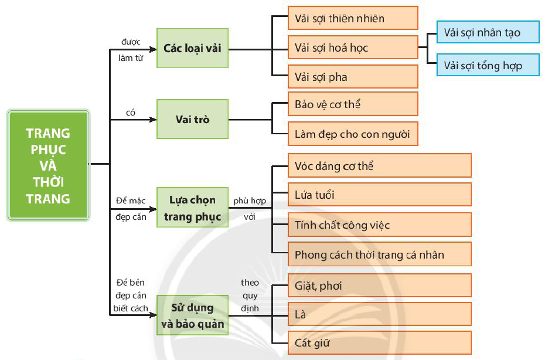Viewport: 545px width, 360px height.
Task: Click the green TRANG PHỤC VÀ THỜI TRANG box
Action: click(x=48, y=166)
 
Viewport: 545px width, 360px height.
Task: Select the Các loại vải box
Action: click(x=192, y=49)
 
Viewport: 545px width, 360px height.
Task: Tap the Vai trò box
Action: click(x=192, y=120)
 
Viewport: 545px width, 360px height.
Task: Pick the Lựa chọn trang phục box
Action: click(x=192, y=208)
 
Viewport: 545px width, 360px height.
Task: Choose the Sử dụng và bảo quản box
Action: click(x=192, y=315)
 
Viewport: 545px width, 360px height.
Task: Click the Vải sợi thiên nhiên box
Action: click(x=353, y=18)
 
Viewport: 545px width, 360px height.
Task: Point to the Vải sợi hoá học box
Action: click(x=353, y=47)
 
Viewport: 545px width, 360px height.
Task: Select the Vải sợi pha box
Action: click(x=353, y=77)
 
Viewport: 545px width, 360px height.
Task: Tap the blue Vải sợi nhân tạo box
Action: click(x=488, y=32)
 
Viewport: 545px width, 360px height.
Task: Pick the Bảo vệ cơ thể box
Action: click(x=353, y=105)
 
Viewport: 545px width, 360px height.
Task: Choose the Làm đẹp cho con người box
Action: click(x=353, y=134)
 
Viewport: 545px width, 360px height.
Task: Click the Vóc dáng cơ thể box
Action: click(x=380, y=166)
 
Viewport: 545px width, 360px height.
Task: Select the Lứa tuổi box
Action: click(x=380, y=195)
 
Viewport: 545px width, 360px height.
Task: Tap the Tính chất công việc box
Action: click(x=380, y=225)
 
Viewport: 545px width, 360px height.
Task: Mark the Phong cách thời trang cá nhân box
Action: click(x=380, y=254)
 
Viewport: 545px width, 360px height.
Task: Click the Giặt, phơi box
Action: click(x=380, y=286)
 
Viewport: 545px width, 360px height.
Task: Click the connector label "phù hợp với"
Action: click(x=250, y=209)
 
